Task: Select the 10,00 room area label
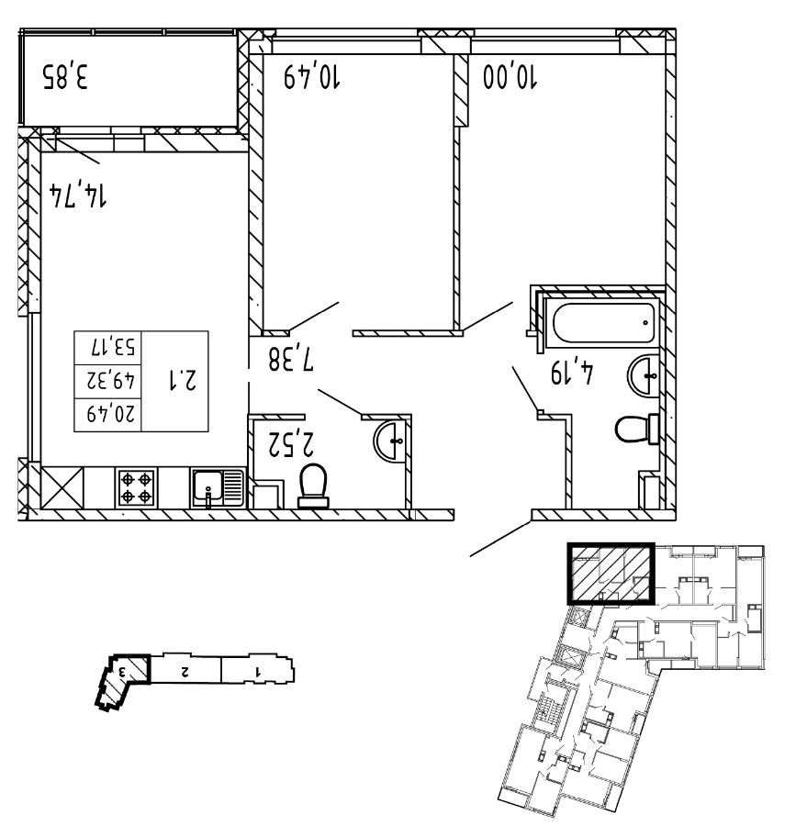point(510,77)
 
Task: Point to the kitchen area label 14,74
point(77,195)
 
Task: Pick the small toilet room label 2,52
point(291,443)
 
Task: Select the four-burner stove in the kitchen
point(136,486)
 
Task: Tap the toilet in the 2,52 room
point(314,485)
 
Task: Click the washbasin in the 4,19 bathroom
point(645,374)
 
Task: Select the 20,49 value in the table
point(111,414)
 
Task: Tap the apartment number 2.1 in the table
point(183,380)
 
